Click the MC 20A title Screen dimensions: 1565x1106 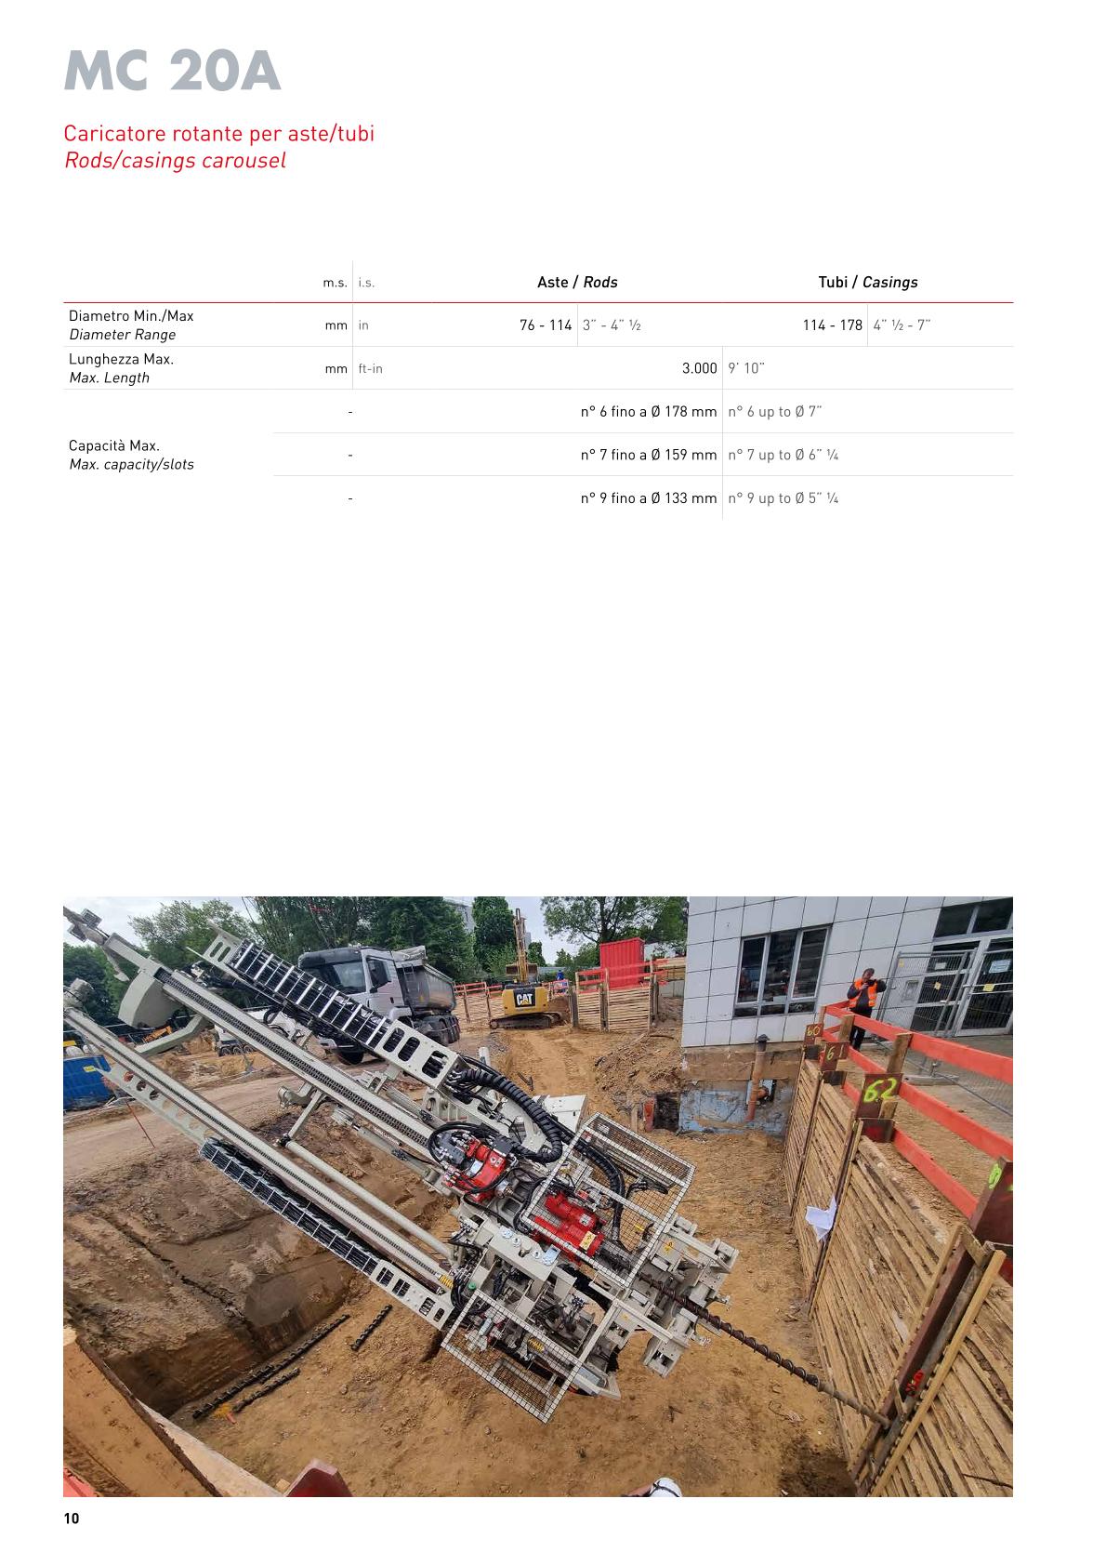pyautogui.click(x=172, y=72)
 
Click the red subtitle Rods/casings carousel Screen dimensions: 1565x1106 pyautogui.click(x=175, y=160)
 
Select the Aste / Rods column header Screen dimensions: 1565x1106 pyautogui.click(x=577, y=282)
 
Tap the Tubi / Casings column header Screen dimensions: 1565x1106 pyautogui.click(x=867, y=282)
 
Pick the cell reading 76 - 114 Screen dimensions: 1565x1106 pyautogui.click(x=546, y=325)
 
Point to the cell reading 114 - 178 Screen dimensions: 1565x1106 pyautogui.click(x=832, y=325)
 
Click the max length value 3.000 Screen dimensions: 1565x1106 pyautogui.click(x=699, y=368)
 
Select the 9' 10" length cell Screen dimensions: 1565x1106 pyautogui.click(x=746, y=368)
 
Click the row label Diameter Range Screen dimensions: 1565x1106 pyautogui.click(x=122, y=335)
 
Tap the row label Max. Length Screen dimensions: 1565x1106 pyautogui.click(x=109, y=378)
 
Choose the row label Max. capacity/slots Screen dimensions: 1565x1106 pyautogui.click(x=131, y=464)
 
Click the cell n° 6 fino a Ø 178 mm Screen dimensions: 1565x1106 pyautogui.click(x=649, y=412)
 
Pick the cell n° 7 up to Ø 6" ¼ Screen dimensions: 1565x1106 pyautogui.click(x=783, y=455)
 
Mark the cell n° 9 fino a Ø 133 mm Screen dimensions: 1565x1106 pyautogui.click(x=649, y=498)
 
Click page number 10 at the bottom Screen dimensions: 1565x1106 pyautogui.click(x=72, y=1519)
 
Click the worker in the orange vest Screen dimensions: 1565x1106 pyautogui.click(x=862, y=1008)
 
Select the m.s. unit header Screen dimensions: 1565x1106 pyautogui.click(x=335, y=283)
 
